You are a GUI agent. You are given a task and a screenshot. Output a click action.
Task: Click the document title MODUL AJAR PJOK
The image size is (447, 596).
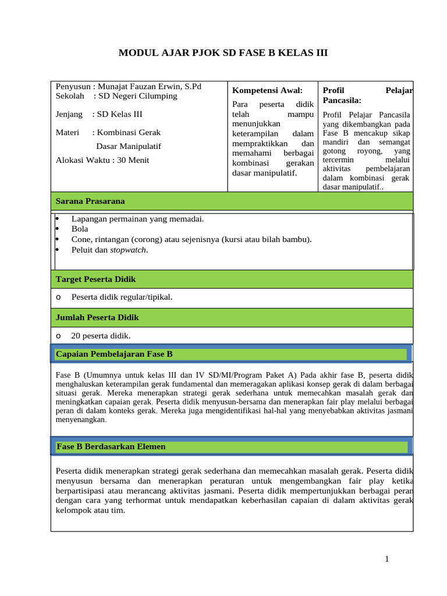tap(223, 53)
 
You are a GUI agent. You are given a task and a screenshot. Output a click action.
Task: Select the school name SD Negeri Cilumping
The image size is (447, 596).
tap(137, 96)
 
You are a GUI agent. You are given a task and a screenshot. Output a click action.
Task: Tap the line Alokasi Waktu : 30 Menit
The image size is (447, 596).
tap(102, 160)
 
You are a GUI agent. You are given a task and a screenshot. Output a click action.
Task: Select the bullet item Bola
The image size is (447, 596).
tap(80, 229)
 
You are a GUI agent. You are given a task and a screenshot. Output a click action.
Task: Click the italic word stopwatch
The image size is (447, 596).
tap(128, 250)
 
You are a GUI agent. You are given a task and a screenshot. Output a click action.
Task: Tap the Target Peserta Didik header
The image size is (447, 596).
tap(95, 279)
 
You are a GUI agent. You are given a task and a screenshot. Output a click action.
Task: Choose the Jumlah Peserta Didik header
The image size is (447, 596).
tap(97, 318)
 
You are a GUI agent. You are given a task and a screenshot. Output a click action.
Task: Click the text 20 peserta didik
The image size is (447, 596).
tap(101, 336)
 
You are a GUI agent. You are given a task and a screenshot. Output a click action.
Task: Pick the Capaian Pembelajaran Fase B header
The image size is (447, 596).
tap(114, 354)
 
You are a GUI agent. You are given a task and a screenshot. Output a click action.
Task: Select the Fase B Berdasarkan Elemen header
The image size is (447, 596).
tap(111, 446)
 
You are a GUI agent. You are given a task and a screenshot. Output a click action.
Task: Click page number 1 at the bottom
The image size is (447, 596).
tap(386, 559)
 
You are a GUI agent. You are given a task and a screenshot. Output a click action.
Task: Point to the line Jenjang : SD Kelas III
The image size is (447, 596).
tap(99, 114)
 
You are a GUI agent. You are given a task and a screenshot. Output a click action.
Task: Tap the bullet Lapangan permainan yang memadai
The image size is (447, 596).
tap(137, 219)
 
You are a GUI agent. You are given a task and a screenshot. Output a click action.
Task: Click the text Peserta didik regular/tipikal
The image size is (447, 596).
tap(122, 297)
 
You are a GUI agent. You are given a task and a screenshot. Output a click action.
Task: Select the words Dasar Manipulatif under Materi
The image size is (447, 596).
tap(128, 146)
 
